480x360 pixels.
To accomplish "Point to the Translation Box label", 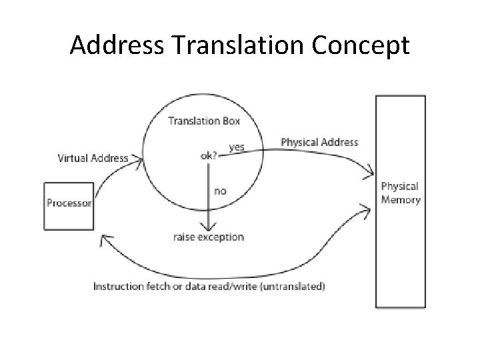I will [x=204, y=121].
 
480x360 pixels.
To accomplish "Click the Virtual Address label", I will [x=93, y=159].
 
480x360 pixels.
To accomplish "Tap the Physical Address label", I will [x=319, y=142].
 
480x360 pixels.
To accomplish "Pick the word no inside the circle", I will [x=220, y=191].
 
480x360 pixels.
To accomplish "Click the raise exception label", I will [x=209, y=237].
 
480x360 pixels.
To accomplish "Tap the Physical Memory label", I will [x=400, y=193].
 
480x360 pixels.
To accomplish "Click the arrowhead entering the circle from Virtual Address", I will [x=139, y=159].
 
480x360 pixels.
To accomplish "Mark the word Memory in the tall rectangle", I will [x=401, y=200].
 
